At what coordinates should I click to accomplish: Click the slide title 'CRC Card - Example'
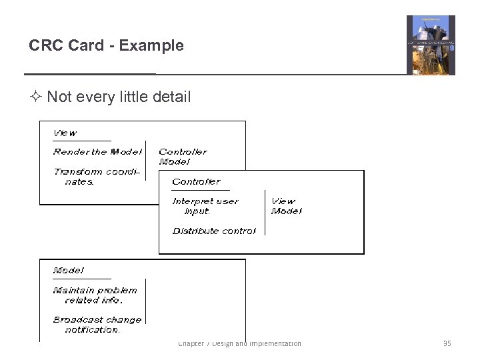[106, 46]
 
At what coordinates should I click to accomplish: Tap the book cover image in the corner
[431, 45]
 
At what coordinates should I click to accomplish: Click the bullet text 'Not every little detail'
[119, 97]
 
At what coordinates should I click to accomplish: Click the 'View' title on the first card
[65, 133]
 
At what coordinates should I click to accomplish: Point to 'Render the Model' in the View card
[97, 152]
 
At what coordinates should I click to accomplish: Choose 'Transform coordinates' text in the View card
[97, 177]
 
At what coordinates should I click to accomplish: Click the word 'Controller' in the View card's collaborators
[183, 152]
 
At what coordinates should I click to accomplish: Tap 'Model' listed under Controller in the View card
[174, 162]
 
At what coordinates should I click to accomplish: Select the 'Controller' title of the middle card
[196, 181]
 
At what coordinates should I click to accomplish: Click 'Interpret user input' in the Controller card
[205, 206]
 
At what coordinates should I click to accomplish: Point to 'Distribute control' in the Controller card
[213, 231]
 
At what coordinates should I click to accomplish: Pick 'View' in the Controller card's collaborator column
[283, 201]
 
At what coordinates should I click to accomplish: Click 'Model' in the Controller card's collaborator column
[286, 211]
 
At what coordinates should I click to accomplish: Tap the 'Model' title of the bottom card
[69, 271]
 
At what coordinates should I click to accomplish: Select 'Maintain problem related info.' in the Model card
[95, 295]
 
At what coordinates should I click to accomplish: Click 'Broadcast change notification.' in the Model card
[97, 325]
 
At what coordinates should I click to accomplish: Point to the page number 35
[447, 343]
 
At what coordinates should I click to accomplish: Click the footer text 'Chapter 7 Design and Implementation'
[239, 343]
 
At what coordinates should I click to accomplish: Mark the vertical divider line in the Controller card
[265, 213]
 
